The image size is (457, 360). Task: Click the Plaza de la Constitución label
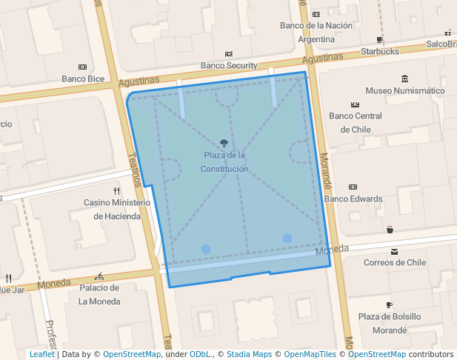point(224,162)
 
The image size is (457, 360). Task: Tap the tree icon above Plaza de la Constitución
point(224,143)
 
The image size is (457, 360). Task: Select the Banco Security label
point(229,65)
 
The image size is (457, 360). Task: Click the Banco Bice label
point(83,79)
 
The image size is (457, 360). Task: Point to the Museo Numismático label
point(405,90)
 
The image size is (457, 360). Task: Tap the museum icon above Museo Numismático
point(404,79)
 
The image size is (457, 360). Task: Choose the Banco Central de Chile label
point(356,122)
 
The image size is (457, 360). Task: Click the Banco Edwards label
point(353,199)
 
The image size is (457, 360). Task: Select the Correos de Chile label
point(395,262)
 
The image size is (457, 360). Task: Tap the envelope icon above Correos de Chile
point(394,250)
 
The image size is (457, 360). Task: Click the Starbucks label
point(380,51)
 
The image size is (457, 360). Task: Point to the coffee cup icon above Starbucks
point(380,40)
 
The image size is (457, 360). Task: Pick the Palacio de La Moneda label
point(99,294)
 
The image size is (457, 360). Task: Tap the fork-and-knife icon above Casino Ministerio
point(116,190)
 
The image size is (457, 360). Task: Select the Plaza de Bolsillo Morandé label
point(390,323)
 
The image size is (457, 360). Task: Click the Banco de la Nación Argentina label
point(316,32)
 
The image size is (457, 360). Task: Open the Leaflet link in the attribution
point(41,354)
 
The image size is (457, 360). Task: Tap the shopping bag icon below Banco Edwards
point(390,230)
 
